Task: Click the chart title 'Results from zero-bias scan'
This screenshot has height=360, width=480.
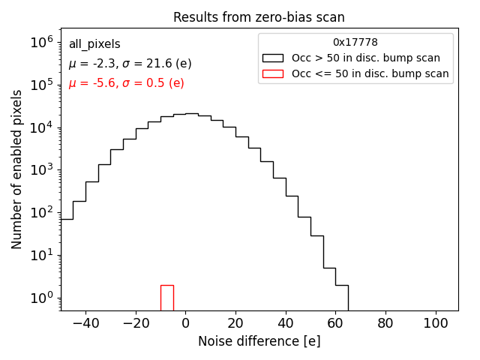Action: [x=259, y=17]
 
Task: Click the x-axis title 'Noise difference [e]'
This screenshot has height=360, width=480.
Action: [x=259, y=341]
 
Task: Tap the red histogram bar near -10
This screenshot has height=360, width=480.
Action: [x=166, y=297]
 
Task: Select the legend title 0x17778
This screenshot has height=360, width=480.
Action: [x=355, y=43]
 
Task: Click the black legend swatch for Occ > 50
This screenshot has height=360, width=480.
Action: [x=272, y=58]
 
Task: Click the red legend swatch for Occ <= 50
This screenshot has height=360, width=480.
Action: [x=272, y=73]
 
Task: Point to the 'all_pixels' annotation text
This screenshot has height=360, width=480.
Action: [x=94, y=44]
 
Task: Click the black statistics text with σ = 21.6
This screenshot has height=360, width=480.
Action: [x=130, y=64]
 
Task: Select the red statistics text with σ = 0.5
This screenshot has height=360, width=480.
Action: [x=126, y=83]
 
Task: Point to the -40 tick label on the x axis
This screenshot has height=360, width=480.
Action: [x=85, y=323]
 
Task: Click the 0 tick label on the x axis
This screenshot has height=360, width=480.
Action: [x=185, y=323]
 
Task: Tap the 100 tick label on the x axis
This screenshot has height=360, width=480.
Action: [x=435, y=323]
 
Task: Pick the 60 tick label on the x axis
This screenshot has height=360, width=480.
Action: [x=335, y=323]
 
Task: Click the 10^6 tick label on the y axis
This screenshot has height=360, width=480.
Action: [x=40, y=43]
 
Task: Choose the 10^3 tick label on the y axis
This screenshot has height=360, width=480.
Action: [x=40, y=170]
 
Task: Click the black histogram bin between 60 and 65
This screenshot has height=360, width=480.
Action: [x=341, y=296]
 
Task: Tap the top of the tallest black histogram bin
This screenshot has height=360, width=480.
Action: [x=191, y=114]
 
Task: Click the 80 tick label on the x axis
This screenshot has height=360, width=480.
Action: [x=385, y=323]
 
